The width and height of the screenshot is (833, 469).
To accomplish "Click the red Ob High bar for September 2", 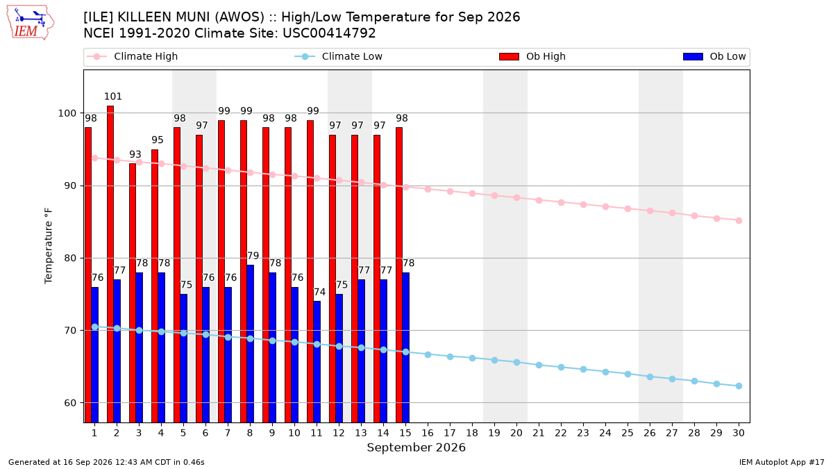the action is (110, 264).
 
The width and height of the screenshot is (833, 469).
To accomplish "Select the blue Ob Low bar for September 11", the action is (317, 362).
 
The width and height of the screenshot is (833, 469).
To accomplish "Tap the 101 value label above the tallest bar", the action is (113, 97).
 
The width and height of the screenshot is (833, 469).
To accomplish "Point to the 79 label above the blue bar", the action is (253, 256).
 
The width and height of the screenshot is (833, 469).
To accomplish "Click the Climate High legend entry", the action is (132, 56).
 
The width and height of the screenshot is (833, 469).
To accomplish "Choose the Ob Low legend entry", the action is (714, 56).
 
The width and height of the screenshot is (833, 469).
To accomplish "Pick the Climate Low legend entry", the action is (339, 56).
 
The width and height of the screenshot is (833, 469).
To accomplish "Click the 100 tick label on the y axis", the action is (67, 113).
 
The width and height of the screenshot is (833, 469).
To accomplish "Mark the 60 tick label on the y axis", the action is (71, 403).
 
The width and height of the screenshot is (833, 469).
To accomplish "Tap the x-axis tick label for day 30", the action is (739, 433).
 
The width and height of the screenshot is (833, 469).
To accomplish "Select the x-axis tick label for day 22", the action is (561, 433).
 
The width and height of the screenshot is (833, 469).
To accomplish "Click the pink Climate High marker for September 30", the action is (739, 221).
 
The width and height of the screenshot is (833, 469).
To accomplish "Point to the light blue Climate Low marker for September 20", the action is (516, 362).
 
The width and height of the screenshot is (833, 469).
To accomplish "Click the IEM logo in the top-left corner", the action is (30, 23).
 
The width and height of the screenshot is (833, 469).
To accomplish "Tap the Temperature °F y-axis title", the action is (49, 246).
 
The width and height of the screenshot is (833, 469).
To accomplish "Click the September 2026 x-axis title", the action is (416, 447).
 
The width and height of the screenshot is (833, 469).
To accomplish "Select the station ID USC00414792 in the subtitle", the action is (329, 33).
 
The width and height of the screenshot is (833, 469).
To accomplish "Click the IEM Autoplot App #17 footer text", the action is (782, 462).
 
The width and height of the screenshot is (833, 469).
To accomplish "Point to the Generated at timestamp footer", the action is (106, 462).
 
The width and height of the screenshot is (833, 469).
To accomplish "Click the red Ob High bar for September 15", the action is (399, 274).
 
